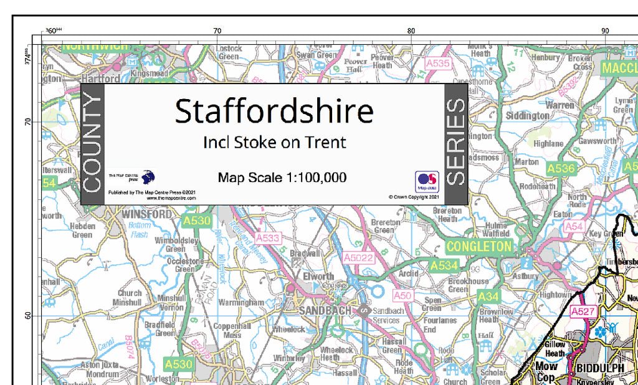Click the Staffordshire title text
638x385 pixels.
tap(274, 112)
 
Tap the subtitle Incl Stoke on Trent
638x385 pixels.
tap(274, 143)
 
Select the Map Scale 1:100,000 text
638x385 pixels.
tap(282, 178)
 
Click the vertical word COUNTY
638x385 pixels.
tap(92, 143)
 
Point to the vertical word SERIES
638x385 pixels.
tap(456, 143)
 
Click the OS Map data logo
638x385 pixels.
tap(427, 181)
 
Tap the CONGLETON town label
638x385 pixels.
tap(478, 247)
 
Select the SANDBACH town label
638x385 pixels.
tap(325, 310)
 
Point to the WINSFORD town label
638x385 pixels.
tap(146, 214)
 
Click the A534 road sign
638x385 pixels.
tap(444, 266)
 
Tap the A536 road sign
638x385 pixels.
tap(561, 168)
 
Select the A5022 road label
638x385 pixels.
tap(358, 257)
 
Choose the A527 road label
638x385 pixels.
tap(584, 311)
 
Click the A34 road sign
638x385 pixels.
tap(489, 297)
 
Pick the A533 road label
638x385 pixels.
tap(269, 237)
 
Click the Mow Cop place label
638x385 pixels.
tap(546, 371)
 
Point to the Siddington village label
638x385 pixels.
tap(527, 115)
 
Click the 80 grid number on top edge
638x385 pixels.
tap(411, 30)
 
